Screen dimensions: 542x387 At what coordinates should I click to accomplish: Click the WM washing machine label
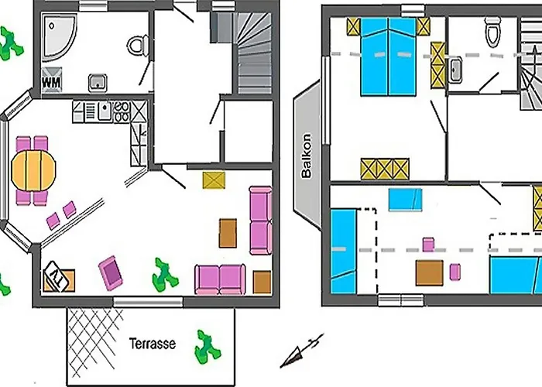pos(52,83)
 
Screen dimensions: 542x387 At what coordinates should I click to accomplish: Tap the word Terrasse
pos(153,344)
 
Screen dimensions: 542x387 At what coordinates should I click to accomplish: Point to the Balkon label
pos(307,156)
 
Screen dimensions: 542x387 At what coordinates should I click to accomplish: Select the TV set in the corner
pos(57,276)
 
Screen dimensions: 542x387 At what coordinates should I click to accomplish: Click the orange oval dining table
pos(33,170)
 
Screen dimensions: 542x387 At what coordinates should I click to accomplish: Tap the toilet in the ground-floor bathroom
pos(138,46)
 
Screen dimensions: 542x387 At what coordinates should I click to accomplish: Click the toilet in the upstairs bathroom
pos(493,32)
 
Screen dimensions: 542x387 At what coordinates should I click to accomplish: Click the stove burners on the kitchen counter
pos(122,111)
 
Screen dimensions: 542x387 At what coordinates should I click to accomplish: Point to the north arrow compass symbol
pos(301,351)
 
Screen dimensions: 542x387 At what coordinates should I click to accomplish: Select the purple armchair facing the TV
pos(111,273)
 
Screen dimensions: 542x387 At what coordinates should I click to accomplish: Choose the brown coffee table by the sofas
pos(228,233)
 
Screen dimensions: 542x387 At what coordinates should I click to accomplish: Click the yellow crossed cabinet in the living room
pos(214,180)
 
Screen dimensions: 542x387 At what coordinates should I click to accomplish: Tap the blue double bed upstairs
pos(388,57)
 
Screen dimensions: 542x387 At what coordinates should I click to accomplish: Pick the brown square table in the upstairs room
pos(429,272)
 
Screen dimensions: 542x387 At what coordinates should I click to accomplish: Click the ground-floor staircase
pos(253,53)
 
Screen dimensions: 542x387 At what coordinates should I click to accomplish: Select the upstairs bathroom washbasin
pos(455,70)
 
